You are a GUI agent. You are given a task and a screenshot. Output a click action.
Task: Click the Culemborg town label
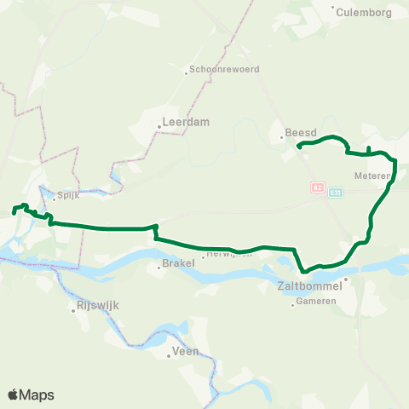coord(363,12)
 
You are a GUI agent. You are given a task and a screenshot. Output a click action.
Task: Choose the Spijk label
coord(68,196)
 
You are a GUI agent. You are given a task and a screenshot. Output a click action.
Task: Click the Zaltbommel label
coord(310,285)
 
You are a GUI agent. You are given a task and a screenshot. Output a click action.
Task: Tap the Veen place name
coord(185,350)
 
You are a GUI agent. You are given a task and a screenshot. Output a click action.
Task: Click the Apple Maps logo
coord(32,395)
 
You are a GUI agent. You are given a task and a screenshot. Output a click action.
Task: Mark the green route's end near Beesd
coord(299,147)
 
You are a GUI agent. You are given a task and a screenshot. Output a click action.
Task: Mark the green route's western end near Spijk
coord(14,209)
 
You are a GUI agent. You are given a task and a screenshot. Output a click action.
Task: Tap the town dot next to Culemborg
coord(332,7)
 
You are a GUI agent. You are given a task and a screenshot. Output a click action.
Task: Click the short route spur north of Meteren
coord(368,150)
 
